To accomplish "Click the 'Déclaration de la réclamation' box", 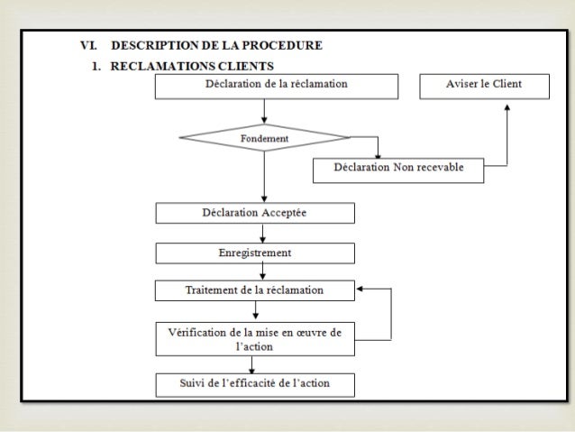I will point(277,86).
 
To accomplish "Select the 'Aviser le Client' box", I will point(484,86).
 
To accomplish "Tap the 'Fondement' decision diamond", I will point(264,139).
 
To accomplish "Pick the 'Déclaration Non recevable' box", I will point(397,170).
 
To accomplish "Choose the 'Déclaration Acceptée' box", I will point(255,213).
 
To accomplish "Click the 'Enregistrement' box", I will point(255,253).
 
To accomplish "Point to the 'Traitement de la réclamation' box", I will point(255,290).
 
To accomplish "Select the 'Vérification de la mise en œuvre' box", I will point(255,339).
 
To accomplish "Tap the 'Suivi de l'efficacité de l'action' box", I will point(255,384).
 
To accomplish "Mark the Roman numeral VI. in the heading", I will point(88,45).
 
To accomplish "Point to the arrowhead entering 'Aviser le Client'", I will point(507,105).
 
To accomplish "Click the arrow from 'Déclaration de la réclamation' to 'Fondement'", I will point(264,111).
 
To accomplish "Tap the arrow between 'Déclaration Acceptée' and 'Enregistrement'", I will point(263,233).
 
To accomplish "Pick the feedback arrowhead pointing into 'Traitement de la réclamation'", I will point(360,290).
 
